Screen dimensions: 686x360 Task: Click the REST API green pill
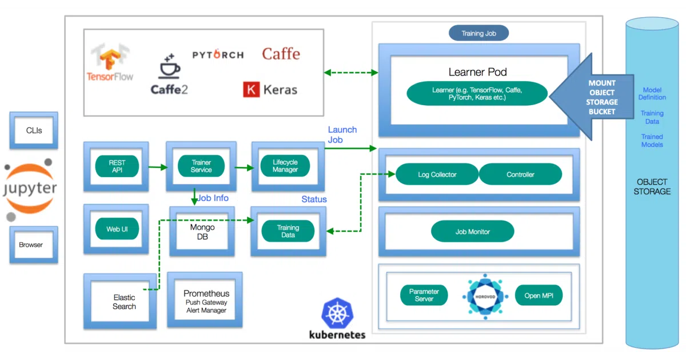pos(117,166)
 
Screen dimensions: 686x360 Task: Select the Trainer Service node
pos(201,166)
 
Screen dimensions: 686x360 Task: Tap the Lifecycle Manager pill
pos(285,166)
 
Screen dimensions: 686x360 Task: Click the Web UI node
pos(117,229)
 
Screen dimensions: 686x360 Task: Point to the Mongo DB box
pos(202,231)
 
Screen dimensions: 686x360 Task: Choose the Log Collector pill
pos(437,174)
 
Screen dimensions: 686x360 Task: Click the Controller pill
pos(520,174)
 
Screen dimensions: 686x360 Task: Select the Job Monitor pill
pos(473,231)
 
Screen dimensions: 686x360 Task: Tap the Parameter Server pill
pos(424,295)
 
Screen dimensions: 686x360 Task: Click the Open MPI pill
pos(539,295)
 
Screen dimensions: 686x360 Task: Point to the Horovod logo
pos(485,297)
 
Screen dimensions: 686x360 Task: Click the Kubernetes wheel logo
pos(337,313)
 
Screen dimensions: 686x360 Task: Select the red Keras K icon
pos(251,89)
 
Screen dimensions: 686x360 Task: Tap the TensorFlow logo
pos(110,62)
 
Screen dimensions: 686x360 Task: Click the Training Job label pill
pos(478,33)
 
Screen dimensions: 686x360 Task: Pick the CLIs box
pos(34,130)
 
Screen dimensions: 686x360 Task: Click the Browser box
pos(34,245)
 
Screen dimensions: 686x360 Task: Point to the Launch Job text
pos(342,135)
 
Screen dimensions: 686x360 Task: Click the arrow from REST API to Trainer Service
pos(158,167)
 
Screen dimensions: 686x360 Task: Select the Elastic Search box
pos(120,301)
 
